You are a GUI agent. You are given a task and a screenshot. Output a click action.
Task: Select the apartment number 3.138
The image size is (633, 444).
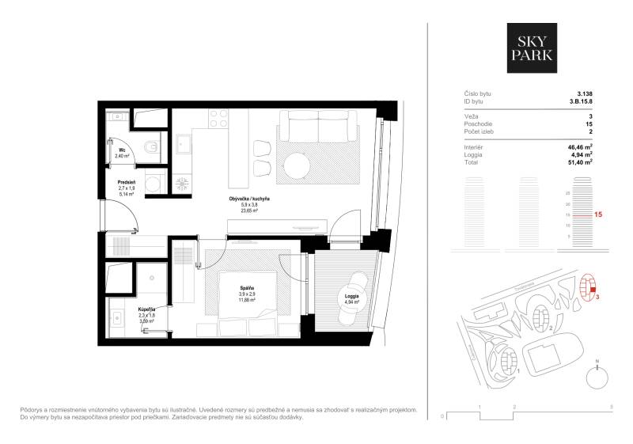coord(585,93)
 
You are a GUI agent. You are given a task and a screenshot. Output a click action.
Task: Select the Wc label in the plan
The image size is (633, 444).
coord(123,150)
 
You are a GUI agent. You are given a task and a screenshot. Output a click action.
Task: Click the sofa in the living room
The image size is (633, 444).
coord(319,126)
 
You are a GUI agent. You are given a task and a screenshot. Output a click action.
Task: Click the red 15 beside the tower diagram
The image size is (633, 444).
coord(599,214)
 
